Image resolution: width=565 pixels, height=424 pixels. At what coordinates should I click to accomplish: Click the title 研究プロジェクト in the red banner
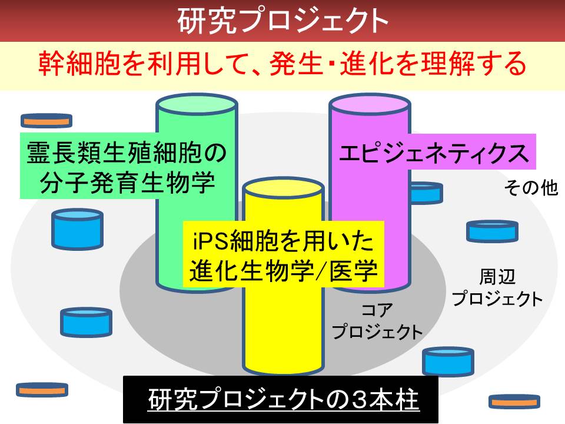point(283,21)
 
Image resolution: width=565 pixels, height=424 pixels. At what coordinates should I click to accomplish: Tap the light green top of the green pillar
point(197,105)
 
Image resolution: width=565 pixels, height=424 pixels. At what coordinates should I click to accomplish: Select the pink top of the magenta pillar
point(370,105)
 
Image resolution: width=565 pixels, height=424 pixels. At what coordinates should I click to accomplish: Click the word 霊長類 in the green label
point(65,153)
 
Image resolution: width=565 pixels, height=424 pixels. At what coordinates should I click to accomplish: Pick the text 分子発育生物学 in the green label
point(128,183)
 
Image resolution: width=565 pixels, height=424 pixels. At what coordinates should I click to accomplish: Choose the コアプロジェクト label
point(377,320)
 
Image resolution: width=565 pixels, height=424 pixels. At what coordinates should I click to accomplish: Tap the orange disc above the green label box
point(46,120)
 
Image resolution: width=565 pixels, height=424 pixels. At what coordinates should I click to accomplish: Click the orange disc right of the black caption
point(514,402)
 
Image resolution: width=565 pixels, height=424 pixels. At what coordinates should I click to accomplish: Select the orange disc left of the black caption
point(42,390)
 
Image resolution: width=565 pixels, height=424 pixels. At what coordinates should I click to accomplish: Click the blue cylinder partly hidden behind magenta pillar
point(427,193)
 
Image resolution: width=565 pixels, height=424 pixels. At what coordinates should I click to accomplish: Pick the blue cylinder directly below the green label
point(78,229)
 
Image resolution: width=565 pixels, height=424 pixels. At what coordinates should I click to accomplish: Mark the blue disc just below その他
point(492,231)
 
